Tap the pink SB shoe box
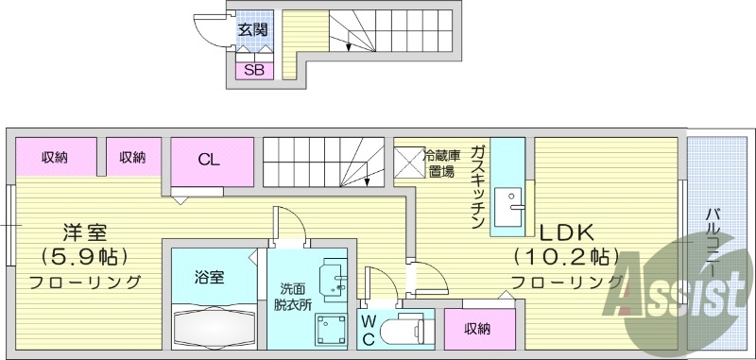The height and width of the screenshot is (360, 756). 253,70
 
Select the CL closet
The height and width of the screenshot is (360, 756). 212,158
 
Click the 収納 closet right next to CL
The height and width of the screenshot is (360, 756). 132,157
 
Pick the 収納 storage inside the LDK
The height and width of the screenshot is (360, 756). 477,328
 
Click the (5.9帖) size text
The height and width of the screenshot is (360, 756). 84,256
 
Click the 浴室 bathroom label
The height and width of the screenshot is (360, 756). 210,277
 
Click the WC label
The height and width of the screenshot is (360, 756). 369,330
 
